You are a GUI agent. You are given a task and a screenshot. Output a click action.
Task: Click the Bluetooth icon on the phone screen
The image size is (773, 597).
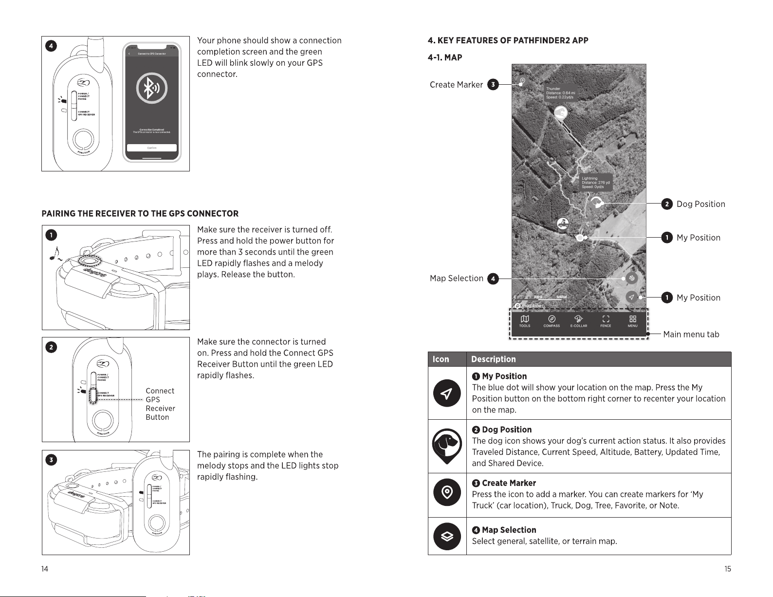click(x=151, y=88)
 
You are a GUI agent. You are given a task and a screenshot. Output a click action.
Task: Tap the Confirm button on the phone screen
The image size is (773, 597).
click(x=151, y=148)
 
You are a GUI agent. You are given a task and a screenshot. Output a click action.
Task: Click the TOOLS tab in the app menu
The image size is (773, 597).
click(x=524, y=321)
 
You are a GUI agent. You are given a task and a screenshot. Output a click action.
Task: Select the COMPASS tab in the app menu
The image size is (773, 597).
click(x=552, y=321)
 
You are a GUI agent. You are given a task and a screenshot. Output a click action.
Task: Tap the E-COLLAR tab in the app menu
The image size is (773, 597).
click(x=579, y=321)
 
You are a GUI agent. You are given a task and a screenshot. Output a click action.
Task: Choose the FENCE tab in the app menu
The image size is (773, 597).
click(x=606, y=321)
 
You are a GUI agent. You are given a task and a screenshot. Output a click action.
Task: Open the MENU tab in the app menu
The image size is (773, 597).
click(x=632, y=321)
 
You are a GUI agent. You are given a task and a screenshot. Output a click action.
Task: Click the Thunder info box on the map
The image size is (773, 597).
click(x=560, y=93)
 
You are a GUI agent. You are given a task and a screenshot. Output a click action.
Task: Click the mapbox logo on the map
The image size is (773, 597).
click(x=529, y=306)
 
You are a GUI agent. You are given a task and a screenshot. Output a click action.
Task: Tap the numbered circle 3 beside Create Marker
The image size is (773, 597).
click(x=493, y=85)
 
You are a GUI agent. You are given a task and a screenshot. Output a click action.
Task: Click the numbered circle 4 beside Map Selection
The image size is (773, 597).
click(x=493, y=279)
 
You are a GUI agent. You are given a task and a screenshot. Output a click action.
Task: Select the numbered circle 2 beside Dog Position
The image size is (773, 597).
click(x=667, y=204)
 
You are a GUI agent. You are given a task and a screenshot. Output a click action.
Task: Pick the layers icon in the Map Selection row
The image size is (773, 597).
click(x=447, y=536)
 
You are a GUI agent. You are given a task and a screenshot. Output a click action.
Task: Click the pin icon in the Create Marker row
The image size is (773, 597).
click(x=447, y=493)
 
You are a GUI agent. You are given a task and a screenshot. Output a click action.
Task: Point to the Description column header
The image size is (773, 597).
click(x=493, y=359)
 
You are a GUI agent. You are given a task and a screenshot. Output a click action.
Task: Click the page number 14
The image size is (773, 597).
click(x=45, y=569)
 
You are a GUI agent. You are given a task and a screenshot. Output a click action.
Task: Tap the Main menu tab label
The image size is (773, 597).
click(x=691, y=335)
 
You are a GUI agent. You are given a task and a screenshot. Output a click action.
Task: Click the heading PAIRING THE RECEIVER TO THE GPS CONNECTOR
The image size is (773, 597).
click(x=140, y=214)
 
